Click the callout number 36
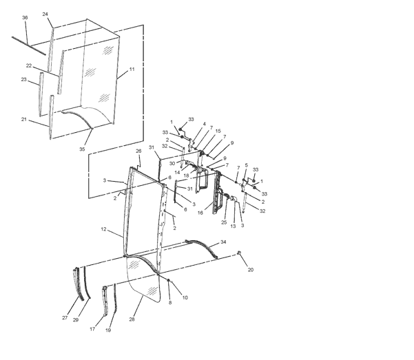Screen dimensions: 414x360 (25, 18)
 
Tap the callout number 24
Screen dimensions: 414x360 (45, 14)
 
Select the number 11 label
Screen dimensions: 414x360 (132, 69)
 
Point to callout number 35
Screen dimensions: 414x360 (82, 149)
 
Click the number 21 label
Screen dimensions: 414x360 (24, 119)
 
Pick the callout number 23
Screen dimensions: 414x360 (23, 79)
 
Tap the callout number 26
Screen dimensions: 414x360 (138, 151)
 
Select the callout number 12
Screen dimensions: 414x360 (103, 229)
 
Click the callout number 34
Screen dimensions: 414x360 (223, 242)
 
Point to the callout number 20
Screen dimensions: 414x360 (251, 270)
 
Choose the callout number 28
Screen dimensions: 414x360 (132, 319)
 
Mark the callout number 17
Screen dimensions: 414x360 (92, 329)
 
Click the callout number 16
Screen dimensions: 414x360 (200, 213)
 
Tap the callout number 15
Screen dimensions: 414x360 (218, 131)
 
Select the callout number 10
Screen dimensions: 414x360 (185, 298)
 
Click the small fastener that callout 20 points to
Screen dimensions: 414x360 (239, 253)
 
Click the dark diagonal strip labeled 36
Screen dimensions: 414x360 (29, 46)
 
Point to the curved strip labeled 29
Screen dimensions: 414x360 (87, 284)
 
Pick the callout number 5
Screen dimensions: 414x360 (247, 165)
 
